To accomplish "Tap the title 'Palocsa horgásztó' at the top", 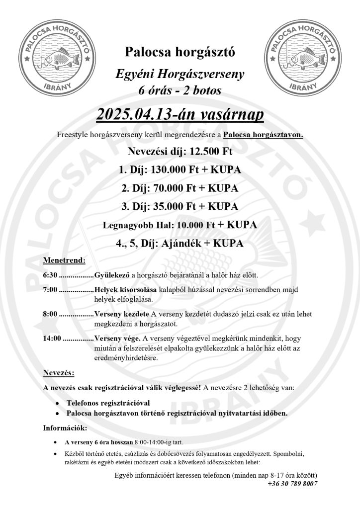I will [x=180, y=51].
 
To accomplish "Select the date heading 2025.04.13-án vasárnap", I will [x=180, y=115].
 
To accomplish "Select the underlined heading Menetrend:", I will [x=65, y=260].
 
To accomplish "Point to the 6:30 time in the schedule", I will [x=50, y=275].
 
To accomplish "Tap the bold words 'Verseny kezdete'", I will [x=122, y=314].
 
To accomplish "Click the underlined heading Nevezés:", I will [x=59, y=372].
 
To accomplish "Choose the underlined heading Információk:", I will [x=65, y=427].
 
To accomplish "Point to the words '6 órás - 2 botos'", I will [x=180, y=91].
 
